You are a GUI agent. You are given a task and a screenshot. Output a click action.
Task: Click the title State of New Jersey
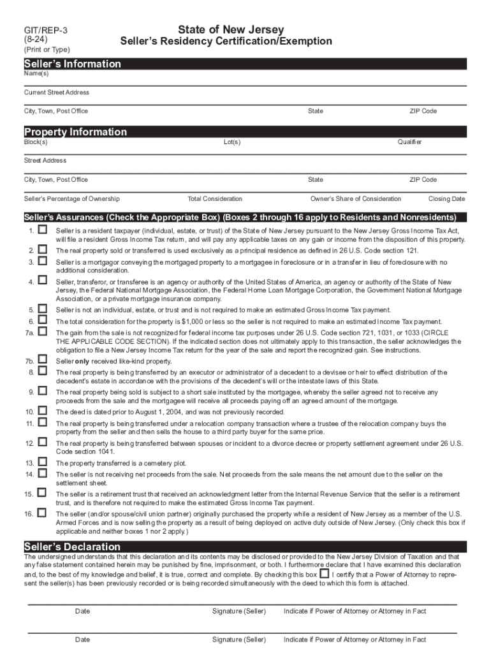coord(230,30)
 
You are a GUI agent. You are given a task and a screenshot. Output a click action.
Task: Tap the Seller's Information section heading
coord(72,64)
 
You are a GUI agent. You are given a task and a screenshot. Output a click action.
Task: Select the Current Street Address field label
coord(57,92)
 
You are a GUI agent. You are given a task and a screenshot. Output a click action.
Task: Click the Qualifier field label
coord(409,142)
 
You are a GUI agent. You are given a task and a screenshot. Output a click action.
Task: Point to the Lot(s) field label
coord(232,142)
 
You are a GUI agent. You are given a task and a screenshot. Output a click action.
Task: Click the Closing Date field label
coord(446,199)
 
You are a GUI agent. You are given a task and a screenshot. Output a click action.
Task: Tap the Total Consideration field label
coord(215,199)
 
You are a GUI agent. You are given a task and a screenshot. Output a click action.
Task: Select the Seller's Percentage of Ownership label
coord(72,199)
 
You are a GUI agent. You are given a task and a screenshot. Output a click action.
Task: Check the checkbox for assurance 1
coord(42,229)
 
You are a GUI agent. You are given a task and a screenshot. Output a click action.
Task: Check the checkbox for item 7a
coord(42,332)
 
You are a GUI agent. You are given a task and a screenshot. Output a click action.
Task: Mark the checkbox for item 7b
coord(42,360)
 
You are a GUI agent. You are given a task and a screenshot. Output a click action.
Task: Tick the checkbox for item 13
coord(42,461)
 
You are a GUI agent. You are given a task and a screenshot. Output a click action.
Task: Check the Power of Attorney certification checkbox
coord(325,573)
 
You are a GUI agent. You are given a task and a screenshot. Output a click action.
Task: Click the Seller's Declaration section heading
coord(72,547)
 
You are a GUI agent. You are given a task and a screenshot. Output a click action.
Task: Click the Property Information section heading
coord(75,132)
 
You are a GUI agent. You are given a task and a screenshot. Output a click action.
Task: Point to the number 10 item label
coord(30,412)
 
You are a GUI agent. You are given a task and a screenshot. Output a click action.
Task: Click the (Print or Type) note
coord(47,50)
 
